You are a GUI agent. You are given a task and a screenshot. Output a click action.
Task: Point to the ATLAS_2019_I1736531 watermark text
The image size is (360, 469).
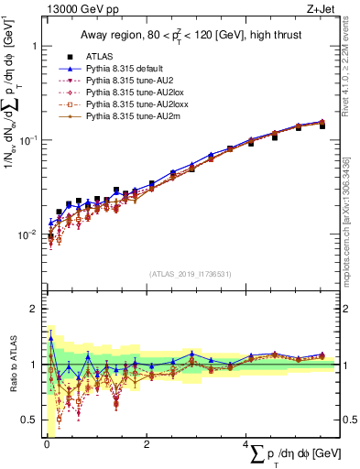click(x=191, y=273)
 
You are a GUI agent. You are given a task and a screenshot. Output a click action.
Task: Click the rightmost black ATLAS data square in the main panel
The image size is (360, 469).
click(x=322, y=125)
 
